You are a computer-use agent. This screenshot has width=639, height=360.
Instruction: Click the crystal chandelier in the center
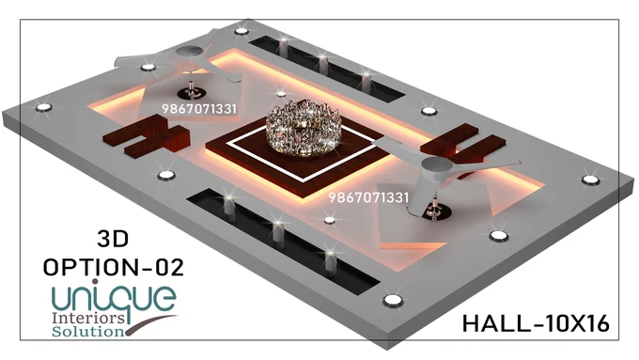(304, 127)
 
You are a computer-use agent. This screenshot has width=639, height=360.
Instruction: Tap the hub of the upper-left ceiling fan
(189, 53)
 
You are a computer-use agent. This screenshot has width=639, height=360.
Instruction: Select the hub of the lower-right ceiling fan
(437, 165)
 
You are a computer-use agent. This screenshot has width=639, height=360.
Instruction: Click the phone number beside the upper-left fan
(199, 109)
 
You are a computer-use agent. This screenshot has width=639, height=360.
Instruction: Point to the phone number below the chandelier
(368, 197)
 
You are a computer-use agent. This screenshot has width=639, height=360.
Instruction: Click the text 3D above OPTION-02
(113, 239)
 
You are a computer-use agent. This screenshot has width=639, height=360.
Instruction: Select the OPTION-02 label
(114, 268)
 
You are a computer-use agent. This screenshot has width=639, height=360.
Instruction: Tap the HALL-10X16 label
(536, 323)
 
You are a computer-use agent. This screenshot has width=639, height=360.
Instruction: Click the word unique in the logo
(115, 299)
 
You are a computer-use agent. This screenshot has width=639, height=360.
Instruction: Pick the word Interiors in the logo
(88, 318)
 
